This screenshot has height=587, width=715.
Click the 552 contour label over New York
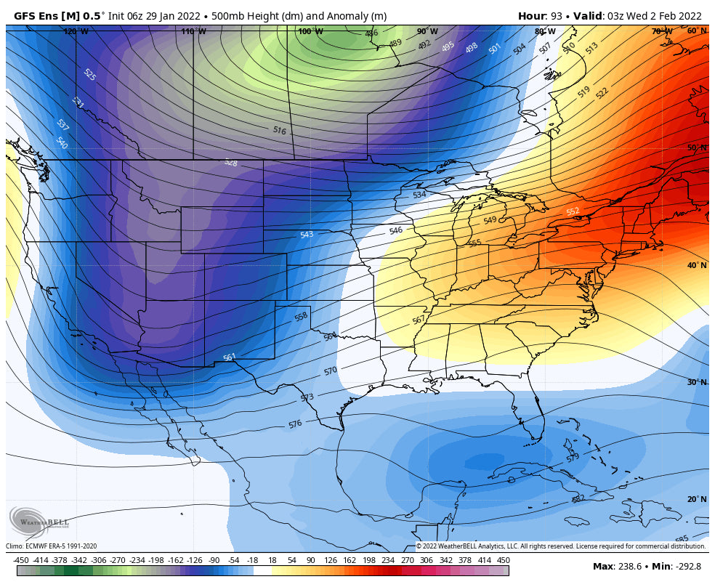point(573,211)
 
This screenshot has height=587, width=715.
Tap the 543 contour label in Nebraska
point(307,235)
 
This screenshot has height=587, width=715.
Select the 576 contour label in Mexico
point(294,424)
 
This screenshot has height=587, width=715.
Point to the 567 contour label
point(419,320)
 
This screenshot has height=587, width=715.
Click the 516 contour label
point(279,131)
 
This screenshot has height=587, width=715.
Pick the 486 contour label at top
point(371,33)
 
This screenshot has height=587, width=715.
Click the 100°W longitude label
point(310,31)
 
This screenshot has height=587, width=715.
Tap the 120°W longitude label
point(76,31)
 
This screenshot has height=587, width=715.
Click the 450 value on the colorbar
point(503,560)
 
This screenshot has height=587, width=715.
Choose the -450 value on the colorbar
point(21,560)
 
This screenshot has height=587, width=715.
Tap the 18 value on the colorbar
point(272,560)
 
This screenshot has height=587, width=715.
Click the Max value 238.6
point(629,566)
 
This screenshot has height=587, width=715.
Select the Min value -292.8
point(690,566)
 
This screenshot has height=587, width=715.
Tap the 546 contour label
point(395,231)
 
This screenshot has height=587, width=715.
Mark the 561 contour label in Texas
point(229,357)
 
